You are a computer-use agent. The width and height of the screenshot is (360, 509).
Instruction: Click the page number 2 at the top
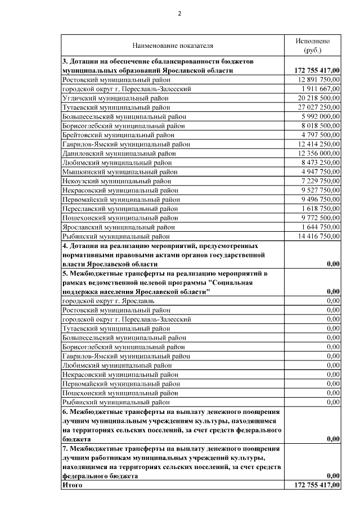click(180, 13)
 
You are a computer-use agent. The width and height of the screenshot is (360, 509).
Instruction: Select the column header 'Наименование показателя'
click(173, 45)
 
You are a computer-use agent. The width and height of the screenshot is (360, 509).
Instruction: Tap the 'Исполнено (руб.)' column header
click(313, 46)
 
